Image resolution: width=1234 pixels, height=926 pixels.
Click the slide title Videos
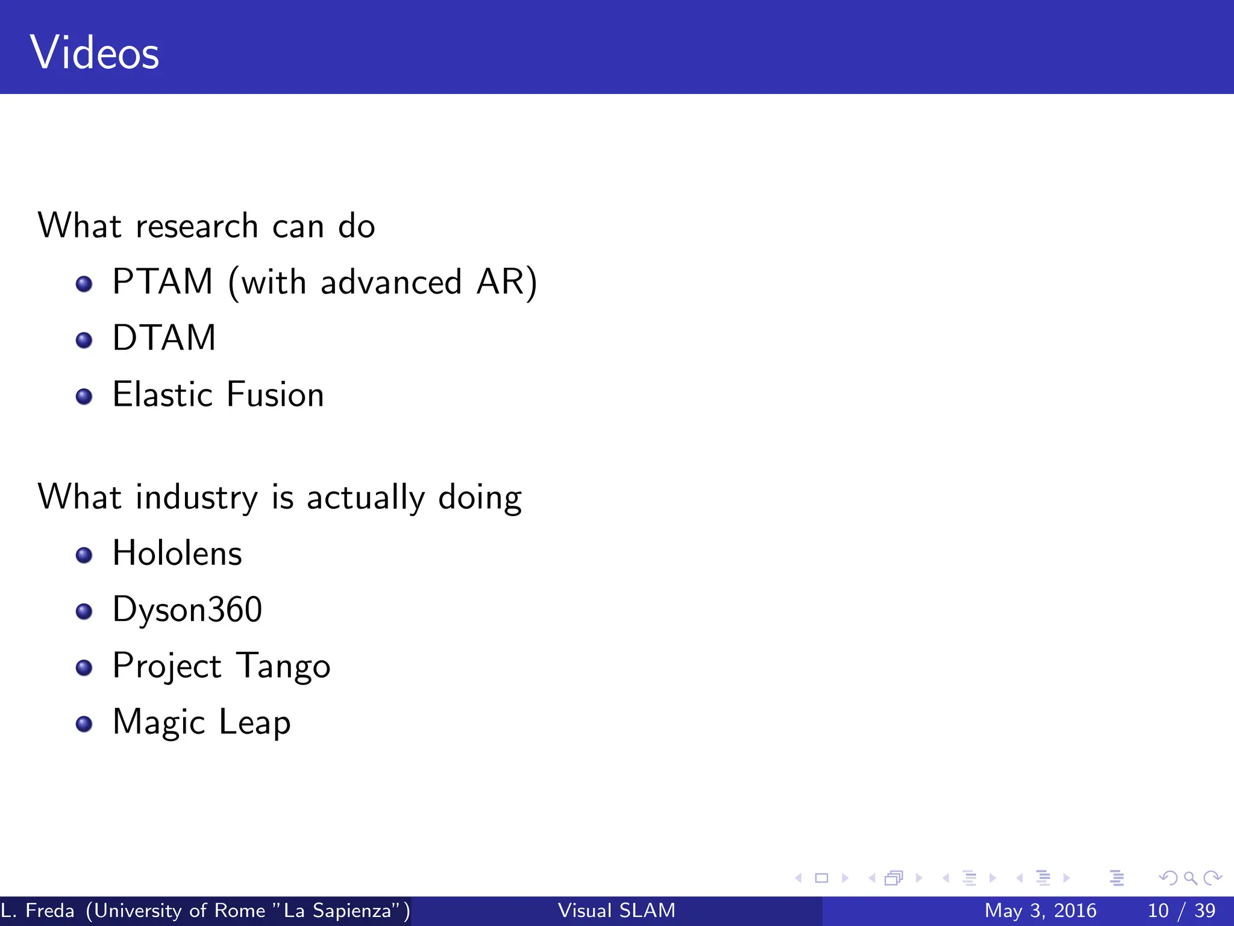[95, 53]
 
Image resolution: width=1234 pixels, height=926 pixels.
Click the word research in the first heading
[197, 227]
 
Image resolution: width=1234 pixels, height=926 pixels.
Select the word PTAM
[163, 282]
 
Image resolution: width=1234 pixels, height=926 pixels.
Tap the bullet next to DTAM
[84, 340]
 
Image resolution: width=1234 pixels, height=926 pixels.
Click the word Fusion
[275, 395]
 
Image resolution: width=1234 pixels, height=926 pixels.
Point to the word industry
[197, 498]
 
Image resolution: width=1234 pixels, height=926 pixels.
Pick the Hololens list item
[177, 553]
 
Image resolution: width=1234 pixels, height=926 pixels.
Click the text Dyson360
[187, 609]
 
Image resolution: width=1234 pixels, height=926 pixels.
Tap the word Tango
[283, 667]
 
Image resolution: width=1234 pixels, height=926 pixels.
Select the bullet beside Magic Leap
[84, 723]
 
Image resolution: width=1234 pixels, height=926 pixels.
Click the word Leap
[254, 723]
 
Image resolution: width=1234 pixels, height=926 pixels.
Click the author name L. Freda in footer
[38, 910]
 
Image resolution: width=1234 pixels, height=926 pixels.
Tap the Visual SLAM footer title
[616, 910]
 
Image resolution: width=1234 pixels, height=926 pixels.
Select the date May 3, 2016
[1040, 910]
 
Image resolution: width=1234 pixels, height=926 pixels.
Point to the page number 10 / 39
[1182, 910]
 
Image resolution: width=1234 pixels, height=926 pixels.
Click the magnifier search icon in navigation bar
[1190, 878]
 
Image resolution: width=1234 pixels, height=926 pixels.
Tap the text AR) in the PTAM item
[506, 282]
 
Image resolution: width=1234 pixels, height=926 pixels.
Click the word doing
[480, 498]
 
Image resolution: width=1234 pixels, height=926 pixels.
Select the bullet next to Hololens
[84, 555]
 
